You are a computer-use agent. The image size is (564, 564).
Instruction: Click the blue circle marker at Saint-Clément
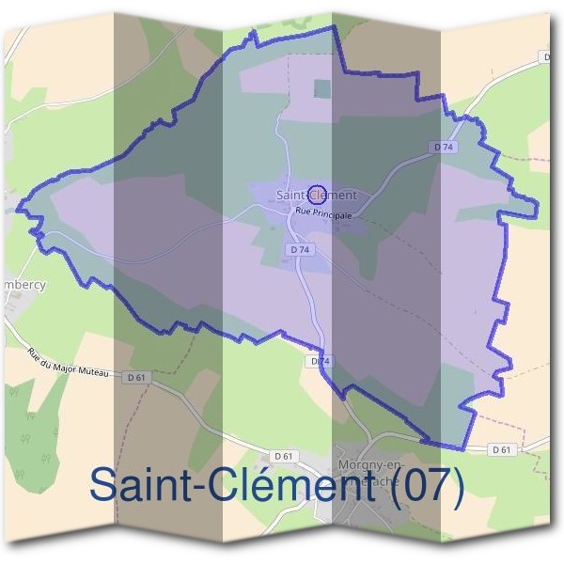click(x=317, y=193)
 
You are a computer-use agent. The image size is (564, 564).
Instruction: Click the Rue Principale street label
click(x=323, y=214)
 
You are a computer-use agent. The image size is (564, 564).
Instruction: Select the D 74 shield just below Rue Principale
click(x=300, y=250)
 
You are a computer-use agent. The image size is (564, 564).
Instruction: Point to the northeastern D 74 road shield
click(x=445, y=148)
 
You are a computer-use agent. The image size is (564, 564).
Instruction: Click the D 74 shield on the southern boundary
click(x=320, y=361)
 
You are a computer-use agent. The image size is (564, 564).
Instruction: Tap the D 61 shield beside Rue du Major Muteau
click(x=137, y=376)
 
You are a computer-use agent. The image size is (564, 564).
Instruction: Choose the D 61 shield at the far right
click(x=503, y=450)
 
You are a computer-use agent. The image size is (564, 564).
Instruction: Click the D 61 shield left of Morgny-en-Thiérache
click(x=288, y=456)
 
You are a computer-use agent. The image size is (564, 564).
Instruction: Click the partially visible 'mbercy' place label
click(x=23, y=283)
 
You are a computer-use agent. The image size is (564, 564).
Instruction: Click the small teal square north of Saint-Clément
click(x=322, y=88)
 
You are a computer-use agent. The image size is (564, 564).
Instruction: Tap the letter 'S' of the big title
click(x=103, y=486)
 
